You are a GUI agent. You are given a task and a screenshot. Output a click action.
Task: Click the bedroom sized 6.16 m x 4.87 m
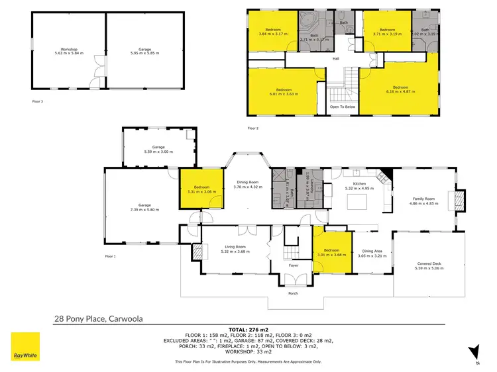coord(400,89)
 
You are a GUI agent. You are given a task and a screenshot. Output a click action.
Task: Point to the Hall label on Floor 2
coord(335,58)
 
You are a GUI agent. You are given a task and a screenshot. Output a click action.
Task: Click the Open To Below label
coord(343,106)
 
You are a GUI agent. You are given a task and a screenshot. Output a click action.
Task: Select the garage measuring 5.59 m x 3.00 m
coord(158,150)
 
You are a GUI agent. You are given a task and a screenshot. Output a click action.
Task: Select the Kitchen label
coord(359,186)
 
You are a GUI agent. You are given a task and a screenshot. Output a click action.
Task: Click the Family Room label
coord(423,201)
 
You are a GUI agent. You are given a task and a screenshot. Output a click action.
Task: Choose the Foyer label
coord(293,265)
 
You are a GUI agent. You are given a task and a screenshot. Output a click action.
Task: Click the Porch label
coord(292,294)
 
